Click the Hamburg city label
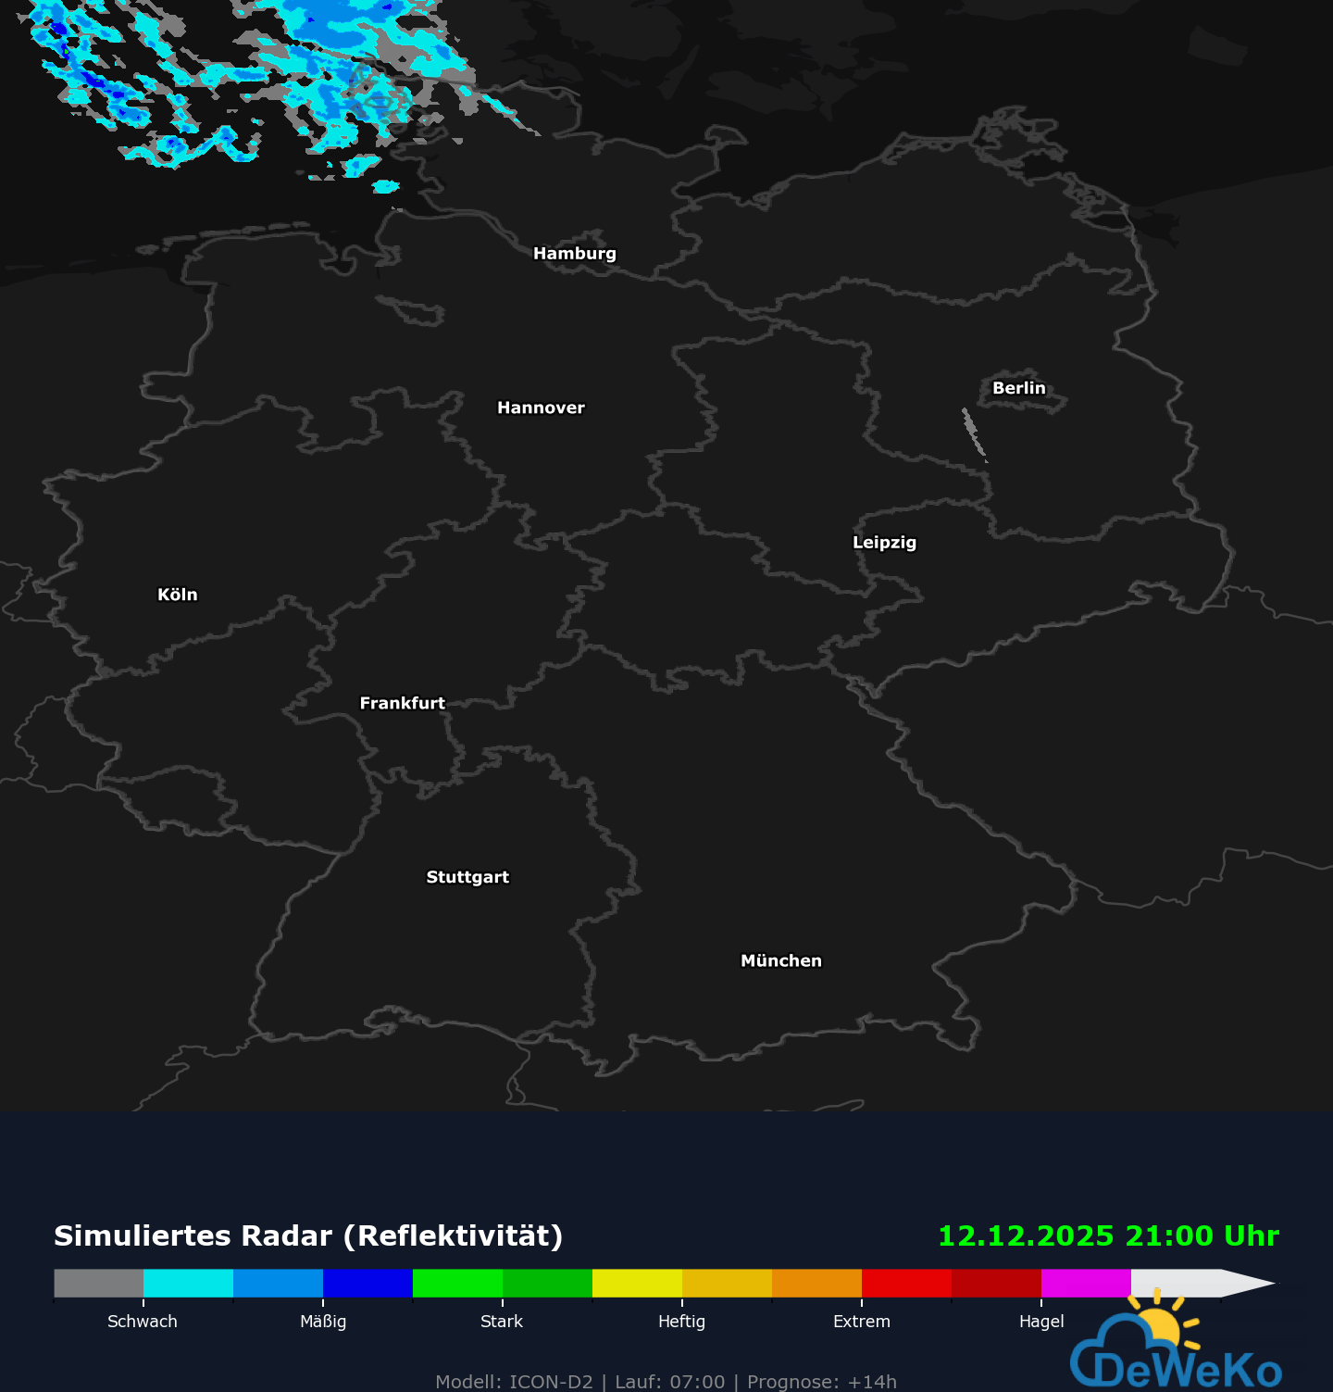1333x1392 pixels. pos(574,254)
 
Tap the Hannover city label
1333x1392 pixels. pos(541,408)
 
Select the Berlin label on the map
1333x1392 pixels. pos(1018,388)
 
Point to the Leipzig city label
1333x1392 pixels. pos(884,543)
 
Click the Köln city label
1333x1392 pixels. pos(177,595)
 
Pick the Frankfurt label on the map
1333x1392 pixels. pos(402,703)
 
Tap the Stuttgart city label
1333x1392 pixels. pos(467,877)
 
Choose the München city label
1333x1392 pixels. pos(780,960)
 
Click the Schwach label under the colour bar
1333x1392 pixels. pos(143,1322)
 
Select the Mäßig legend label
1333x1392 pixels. pos(323,1322)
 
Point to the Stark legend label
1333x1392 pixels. pos(502,1322)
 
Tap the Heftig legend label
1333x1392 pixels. pos(681,1322)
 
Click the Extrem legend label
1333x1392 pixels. pos(861,1322)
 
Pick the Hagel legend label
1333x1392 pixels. pos(1041,1322)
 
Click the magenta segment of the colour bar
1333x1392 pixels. pos(1086,1283)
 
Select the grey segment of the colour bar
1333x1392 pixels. pos(98,1283)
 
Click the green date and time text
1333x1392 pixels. pos(1108,1236)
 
